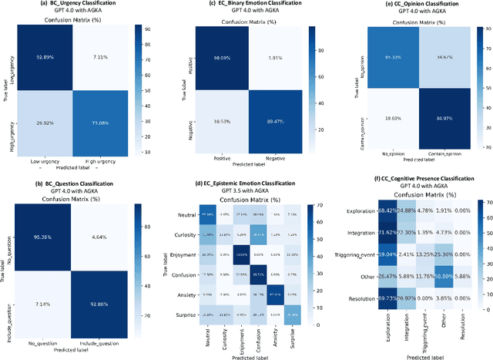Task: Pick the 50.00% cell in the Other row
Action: (443, 276)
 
